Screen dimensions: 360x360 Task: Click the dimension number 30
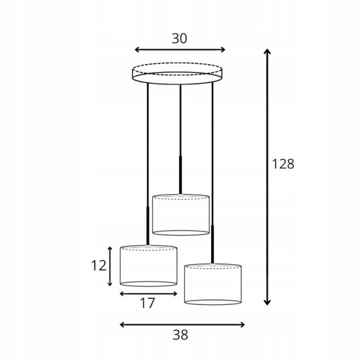179,39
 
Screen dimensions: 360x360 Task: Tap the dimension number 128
283,164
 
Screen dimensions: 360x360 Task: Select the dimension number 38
180,335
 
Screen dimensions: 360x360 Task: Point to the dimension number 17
148,303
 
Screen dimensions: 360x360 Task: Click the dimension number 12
99,266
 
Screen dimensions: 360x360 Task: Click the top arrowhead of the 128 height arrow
267,51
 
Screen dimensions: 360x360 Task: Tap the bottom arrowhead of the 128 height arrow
267,302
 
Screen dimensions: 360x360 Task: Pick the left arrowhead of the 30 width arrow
137,50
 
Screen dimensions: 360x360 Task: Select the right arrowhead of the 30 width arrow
223,50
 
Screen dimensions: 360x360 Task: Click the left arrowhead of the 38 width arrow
122,325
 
